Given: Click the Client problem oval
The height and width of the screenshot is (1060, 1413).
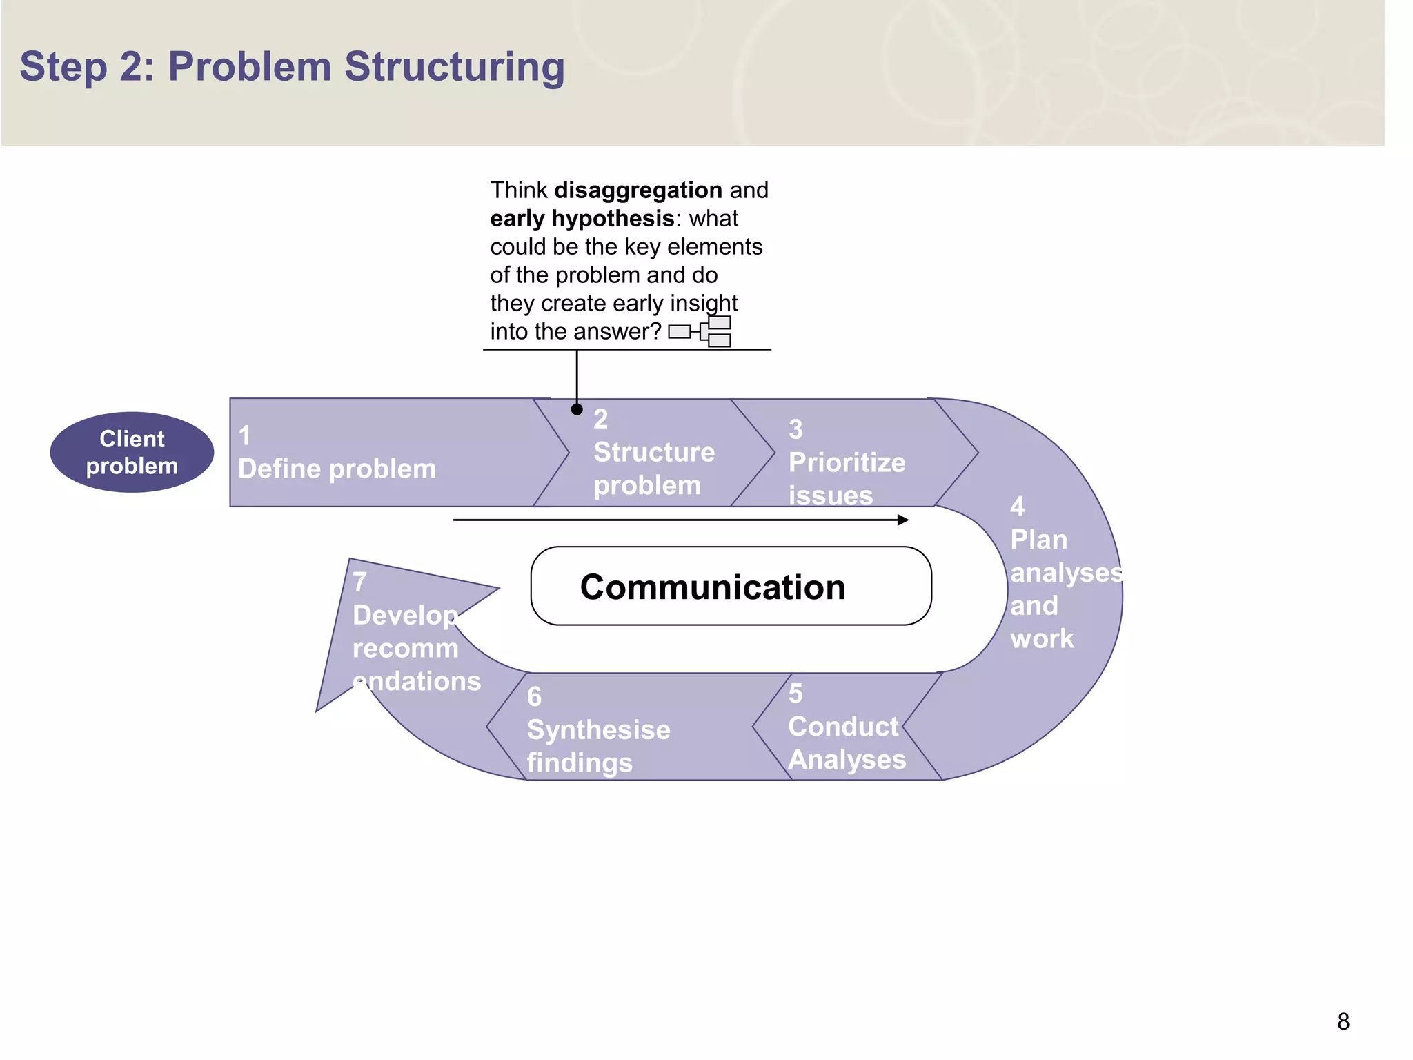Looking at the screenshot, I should click(x=132, y=453).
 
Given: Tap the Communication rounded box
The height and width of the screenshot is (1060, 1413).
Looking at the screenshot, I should click(x=731, y=586).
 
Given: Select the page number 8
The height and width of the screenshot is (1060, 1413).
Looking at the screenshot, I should click(x=1343, y=1021).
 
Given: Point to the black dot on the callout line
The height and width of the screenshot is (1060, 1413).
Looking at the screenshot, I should click(x=577, y=409).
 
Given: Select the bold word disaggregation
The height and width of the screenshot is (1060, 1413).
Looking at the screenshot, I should click(x=638, y=190).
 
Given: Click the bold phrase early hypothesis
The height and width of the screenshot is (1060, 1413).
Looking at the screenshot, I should click(x=582, y=218).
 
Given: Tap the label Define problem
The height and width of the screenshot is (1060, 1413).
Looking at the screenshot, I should click(x=337, y=469).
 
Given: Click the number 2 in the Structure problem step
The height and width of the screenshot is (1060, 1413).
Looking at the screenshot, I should click(x=600, y=419).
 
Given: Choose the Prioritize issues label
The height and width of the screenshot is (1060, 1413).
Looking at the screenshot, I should click(x=846, y=478).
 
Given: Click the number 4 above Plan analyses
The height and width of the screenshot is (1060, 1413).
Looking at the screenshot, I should click(x=1017, y=507).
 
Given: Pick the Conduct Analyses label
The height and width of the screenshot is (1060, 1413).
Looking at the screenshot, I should click(x=846, y=743).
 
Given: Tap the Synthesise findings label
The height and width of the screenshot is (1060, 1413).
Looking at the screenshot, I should click(x=597, y=745).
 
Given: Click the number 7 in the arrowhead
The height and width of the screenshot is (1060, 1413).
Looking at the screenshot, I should click(x=359, y=582).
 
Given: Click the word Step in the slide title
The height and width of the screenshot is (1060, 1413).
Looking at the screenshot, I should click(x=63, y=67).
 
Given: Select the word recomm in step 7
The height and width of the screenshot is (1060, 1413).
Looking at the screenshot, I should click(x=405, y=648).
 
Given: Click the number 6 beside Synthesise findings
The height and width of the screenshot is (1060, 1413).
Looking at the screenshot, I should click(x=534, y=697).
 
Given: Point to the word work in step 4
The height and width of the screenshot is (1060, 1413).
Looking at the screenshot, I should click(x=1042, y=638).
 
